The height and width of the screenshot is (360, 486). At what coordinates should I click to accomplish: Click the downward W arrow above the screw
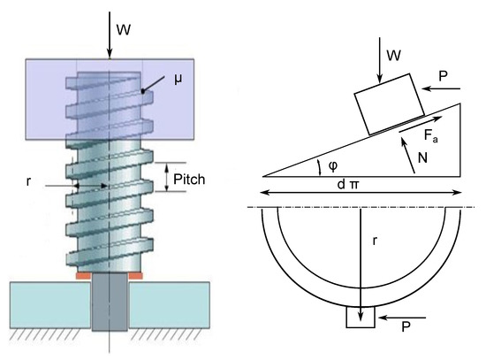pyautogui.click(x=109, y=30)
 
